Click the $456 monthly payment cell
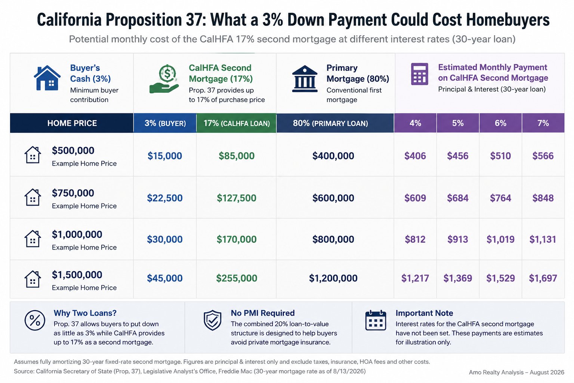pyautogui.click(x=458, y=156)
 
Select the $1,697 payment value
pyautogui.click(x=543, y=278)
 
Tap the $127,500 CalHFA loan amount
pyautogui.click(x=237, y=198)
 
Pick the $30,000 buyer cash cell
pyautogui.click(x=165, y=239)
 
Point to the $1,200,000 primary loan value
pyautogui.click(x=333, y=278)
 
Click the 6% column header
pyautogui.click(x=500, y=123)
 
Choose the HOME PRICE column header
pyautogui.click(x=72, y=123)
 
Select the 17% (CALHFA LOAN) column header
pyautogui.click(x=237, y=123)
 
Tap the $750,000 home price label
pyautogui.click(x=73, y=193)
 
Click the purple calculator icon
pyautogui.click(x=420, y=74)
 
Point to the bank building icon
pyautogui.click(x=305, y=79)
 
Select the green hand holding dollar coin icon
pyautogui.click(x=164, y=79)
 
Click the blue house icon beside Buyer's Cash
pyautogui.click(x=47, y=78)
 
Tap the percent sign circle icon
pyautogui.click(x=35, y=320)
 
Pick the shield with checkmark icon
pyautogui.click(x=212, y=320)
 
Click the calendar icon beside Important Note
pyautogui.click(x=376, y=320)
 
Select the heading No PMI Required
pyautogui.click(x=263, y=313)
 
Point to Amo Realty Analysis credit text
pyautogui.click(x=516, y=372)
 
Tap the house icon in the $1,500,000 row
pyautogui.click(x=33, y=279)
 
